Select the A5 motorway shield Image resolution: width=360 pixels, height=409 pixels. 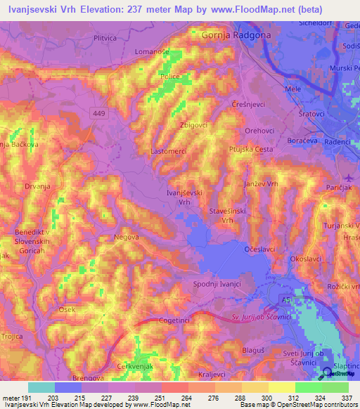click(x=285, y=300)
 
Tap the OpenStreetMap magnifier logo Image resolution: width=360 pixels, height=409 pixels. click(x=326, y=373)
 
